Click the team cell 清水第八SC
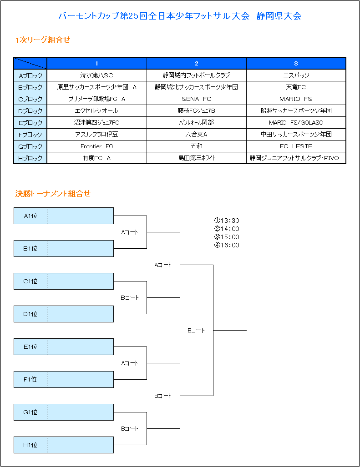(96, 75)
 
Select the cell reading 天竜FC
(296, 87)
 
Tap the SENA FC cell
(197, 99)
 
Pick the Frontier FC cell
(96, 146)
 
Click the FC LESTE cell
(296, 146)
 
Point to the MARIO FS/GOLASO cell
(296, 122)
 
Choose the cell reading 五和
(197, 146)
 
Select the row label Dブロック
(30, 111)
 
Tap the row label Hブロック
(30, 158)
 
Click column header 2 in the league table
(197, 64)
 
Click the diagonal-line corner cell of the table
(30, 64)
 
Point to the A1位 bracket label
(30, 216)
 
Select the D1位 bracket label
(30, 314)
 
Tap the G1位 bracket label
(30, 412)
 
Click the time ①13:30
(227, 221)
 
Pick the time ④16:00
(227, 245)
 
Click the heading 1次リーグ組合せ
(43, 40)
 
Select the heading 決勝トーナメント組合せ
(53, 194)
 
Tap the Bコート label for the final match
(196, 330)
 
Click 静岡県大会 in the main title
(279, 16)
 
